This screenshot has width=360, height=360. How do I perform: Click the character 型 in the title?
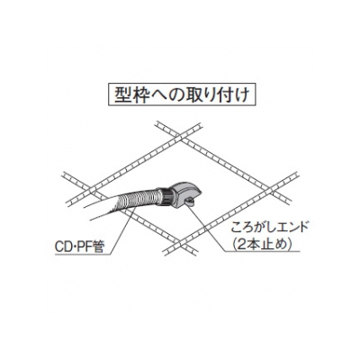click(x=123, y=95)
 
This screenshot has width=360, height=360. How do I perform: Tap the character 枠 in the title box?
click(x=140, y=95)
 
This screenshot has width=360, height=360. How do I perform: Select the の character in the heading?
click(x=175, y=95)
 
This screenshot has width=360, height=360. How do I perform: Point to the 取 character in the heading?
click(x=192, y=95)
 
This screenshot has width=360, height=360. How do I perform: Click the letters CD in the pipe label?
click(x=63, y=247)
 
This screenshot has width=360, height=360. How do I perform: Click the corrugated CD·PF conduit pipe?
click(x=137, y=200)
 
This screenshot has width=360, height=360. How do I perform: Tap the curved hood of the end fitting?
click(x=185, y=190)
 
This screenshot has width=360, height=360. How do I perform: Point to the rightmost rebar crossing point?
click(x=274, y=189)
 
